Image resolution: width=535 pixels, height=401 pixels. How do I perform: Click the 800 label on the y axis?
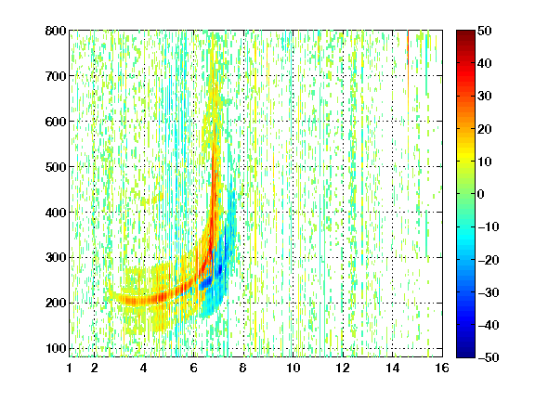pyautogui.click(x=56, y=31)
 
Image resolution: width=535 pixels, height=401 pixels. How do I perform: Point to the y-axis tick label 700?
pyautogui.click(x=56, y=76)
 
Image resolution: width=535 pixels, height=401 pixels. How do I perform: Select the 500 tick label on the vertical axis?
pyautogui.click(x=56, y=167)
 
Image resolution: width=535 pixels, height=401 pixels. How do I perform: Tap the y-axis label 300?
pyautogui.click(x=56, y=258)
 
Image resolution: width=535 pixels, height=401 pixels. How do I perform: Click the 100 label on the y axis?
pyautogui.click(x=56, y=348)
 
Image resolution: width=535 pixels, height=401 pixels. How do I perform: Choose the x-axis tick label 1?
pyautogui.click(x=70, y=368)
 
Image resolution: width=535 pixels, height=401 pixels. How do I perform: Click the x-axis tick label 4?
pyautogui.click(x=144, y=368)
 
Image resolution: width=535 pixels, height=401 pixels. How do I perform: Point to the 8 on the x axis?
pyautogui.click(x=243, y=368)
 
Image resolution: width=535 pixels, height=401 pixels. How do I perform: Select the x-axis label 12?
pyautogui.click(x=343, y=368)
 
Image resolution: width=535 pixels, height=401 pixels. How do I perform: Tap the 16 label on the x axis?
pyautogui.click(x=442, y=368)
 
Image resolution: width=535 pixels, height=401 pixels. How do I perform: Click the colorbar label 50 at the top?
pyautogui.click(x=485, y=31)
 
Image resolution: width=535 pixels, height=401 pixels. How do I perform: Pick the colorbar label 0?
pyautogui.click(x=481, y=194)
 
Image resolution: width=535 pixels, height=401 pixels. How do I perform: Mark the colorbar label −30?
pyautogui.click(x=489, y=292)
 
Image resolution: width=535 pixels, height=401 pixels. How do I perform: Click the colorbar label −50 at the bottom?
pyautogui.click(x=489, y=357)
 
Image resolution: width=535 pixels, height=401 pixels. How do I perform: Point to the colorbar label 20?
pyautogui.click(x=485, y=129)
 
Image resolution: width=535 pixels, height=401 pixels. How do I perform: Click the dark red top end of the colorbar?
pyautogui.click(x=465, y=33)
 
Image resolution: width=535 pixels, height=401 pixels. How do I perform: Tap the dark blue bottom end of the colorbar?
pyautogui.click(x=465, y=354)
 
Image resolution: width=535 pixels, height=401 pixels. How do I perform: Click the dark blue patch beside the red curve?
pyautogui.click(x=206, y=283)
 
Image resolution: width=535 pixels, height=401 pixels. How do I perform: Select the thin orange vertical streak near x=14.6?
pyautogui.click(x=408, y=68)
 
